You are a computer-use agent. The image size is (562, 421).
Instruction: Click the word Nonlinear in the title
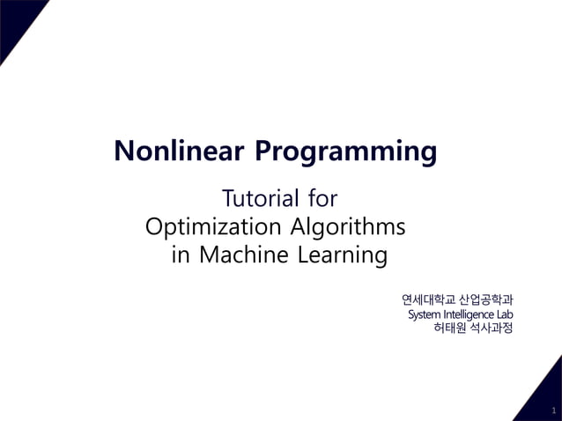(x=180, y=151)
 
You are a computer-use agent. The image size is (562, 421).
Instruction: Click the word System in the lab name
(x=424, y=314)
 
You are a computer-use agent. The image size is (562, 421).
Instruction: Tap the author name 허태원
(x=452, y=329)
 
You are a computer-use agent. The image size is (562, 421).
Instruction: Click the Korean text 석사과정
(x=492, y=329)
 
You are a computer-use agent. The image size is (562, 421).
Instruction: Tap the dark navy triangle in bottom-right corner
(x=548, y=396)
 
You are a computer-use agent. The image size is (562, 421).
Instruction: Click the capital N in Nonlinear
(x=123, y=151)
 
